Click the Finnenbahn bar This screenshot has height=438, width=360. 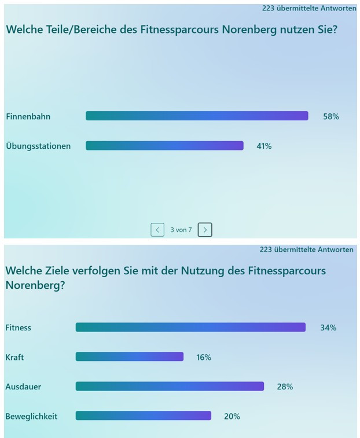pos(197,116)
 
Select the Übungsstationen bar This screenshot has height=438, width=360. pos(164,146)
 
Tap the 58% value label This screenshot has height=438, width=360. pos(331,116)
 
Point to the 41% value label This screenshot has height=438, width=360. pos(264,146)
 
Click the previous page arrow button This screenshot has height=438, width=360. pos(157,230)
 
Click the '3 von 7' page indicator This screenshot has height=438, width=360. pos(181,230)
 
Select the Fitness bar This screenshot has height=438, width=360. pos(190,327)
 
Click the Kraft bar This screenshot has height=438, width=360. pos(129,357)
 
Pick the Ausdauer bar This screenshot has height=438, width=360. pos(170,387)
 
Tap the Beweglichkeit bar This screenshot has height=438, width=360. pos(143,416)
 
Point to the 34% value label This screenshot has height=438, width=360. pos(328,327)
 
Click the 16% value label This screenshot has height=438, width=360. pos(204,357)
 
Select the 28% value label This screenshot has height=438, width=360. pos(285,387)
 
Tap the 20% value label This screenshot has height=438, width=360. pos(232,416)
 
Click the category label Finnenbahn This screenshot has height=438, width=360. pos(28,116)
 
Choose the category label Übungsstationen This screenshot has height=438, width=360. pos(38,146)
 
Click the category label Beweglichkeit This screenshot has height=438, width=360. pos(31,416)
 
